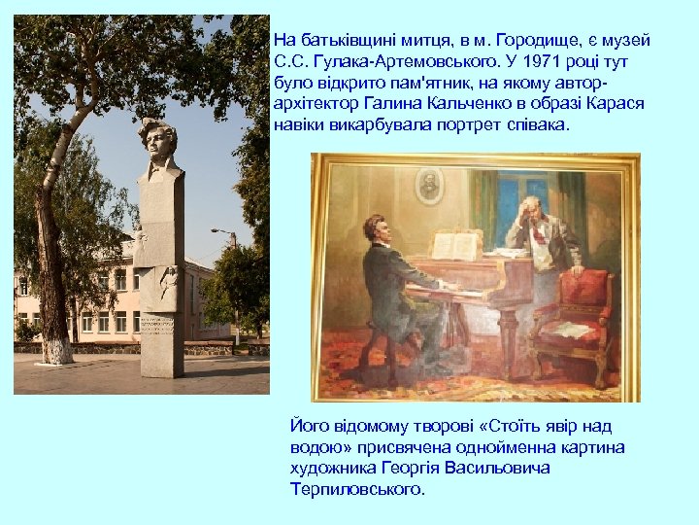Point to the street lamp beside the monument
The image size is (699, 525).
pyautogui.click(x=225, y=233)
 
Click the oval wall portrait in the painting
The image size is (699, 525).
pyautogui.click(x=428, y=185)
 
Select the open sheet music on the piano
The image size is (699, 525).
pyautogui.click(x=453, y=245)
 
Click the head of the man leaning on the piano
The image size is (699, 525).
pyautogui.click(x=527, y=210)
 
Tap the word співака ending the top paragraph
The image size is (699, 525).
pyautogui.click(x=538, y=126)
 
